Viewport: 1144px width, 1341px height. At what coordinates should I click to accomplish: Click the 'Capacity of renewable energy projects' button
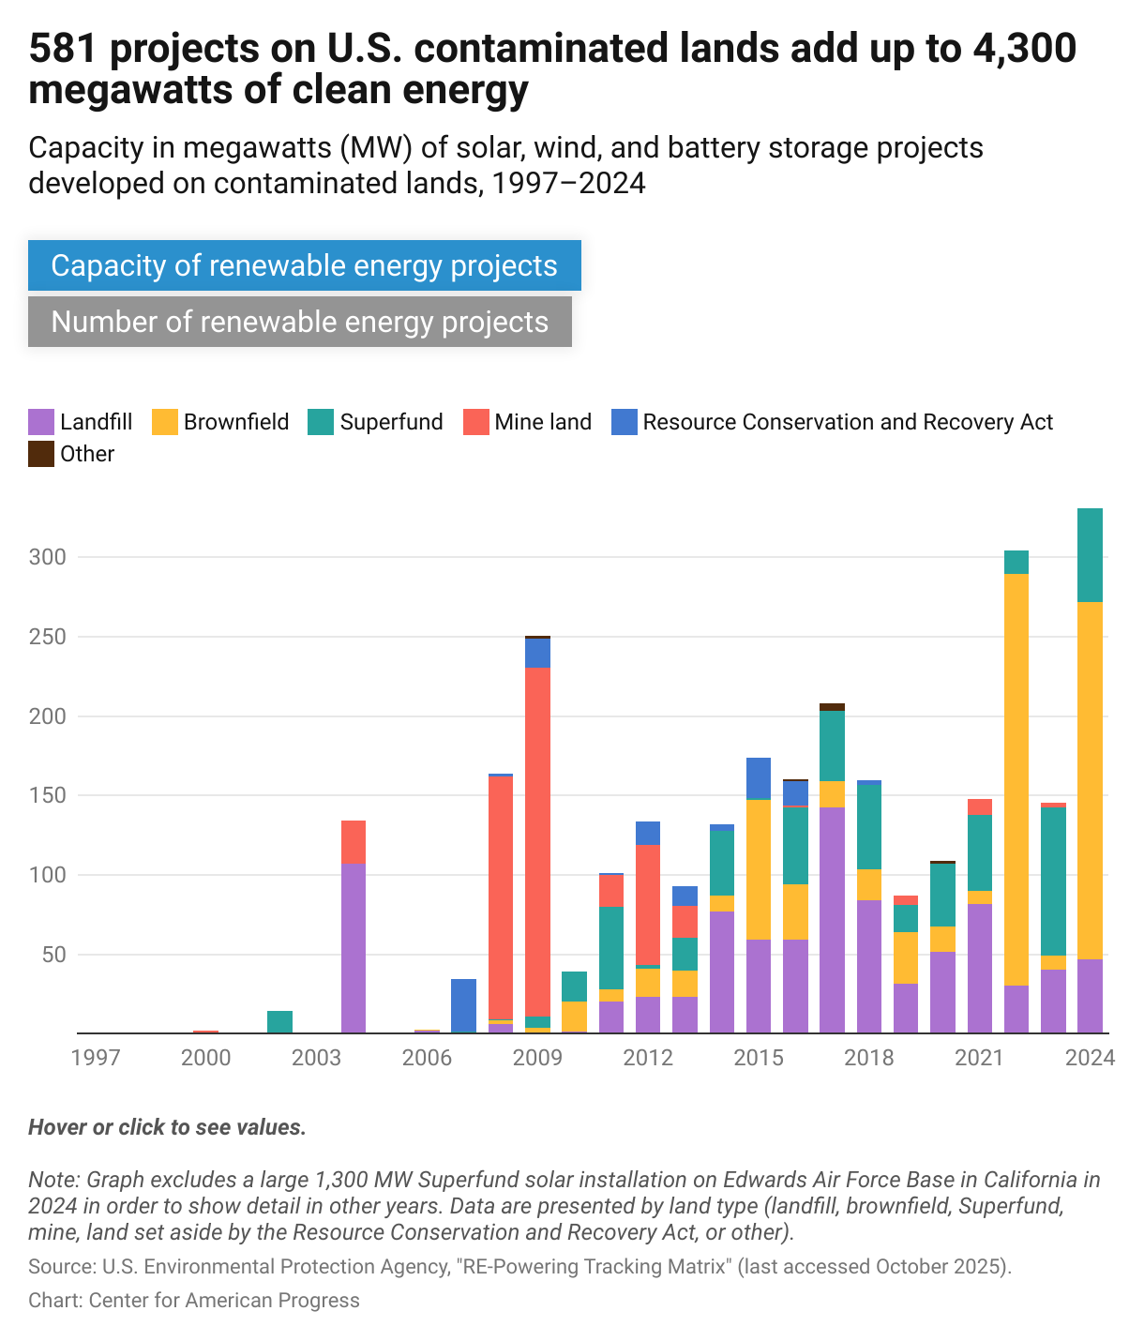coord(304,265)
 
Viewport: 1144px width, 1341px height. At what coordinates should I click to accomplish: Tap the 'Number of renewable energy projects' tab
coord(299,322)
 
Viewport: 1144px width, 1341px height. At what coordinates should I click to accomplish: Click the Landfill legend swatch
coord(40,422)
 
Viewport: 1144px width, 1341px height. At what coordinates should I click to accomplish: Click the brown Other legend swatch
coord(40,454)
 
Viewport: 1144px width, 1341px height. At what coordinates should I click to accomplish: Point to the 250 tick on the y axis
coord(48,637)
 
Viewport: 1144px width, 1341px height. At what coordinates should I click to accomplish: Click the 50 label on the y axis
coord(54,955)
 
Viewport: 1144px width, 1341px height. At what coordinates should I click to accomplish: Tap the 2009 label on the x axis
coord(537,1058)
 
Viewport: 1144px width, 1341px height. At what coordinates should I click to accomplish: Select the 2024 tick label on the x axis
coord(1090,1058)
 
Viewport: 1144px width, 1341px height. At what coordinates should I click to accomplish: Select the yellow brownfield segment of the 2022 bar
coord(1016,778)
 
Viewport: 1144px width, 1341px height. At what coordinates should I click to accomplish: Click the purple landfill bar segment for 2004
coord(354,947)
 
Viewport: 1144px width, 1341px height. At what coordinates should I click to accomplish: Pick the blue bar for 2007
coord(463,1005)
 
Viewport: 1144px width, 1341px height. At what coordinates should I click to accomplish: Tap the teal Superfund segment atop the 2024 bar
coord(1090,554)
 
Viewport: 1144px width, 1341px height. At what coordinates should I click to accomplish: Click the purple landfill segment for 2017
coord(832,919)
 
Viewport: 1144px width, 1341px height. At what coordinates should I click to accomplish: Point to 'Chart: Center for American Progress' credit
coord(194,1300)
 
